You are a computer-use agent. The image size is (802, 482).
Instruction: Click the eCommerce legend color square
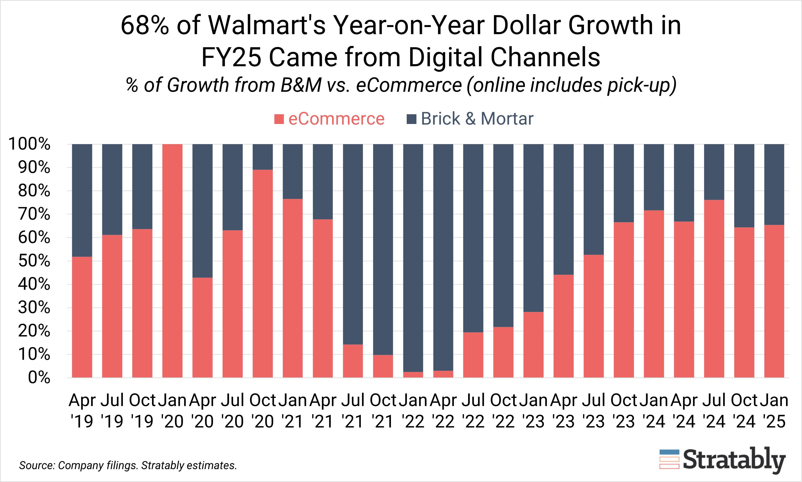279,119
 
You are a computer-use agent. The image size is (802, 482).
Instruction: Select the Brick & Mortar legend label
477,119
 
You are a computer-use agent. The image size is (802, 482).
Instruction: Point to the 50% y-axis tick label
34,261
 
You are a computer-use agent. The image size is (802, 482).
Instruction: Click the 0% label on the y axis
39,377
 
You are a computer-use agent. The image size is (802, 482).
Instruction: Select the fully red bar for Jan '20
172,261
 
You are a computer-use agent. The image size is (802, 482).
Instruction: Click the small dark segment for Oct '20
262,157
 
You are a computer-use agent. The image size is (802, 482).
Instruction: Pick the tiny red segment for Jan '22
413,375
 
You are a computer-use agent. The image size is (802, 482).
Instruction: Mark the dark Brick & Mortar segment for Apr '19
82,200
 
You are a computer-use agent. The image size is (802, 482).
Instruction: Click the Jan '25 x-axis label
774,411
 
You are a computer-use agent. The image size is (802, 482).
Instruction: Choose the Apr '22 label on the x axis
443,411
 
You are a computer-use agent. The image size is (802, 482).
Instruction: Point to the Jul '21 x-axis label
353,411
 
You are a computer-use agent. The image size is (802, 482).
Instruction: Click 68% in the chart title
145,25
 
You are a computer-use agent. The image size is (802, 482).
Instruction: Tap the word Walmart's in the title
267,25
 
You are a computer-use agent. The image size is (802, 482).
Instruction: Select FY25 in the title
231,57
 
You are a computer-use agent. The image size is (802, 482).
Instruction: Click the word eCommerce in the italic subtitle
408,85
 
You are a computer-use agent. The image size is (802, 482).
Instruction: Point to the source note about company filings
128,465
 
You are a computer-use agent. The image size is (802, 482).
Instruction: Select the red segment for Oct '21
383,366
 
